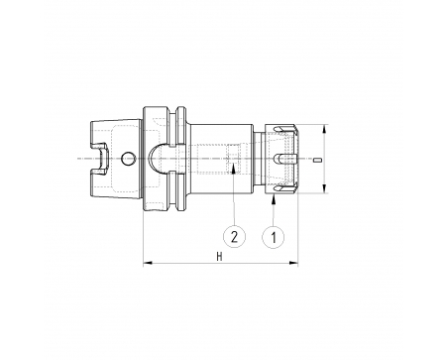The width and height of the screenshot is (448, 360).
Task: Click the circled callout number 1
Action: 274,237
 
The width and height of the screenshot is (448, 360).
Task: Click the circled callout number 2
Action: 234,237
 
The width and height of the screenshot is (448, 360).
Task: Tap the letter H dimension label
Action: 220,257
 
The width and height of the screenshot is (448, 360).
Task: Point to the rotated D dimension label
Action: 317,160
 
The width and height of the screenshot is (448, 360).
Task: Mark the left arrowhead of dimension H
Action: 148,263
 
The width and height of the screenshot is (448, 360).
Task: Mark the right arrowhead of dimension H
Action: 293,263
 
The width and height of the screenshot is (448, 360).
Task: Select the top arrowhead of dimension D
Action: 325,129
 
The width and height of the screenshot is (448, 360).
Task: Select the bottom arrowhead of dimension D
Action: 325,188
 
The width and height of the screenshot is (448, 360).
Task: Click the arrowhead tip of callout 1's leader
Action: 274,194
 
